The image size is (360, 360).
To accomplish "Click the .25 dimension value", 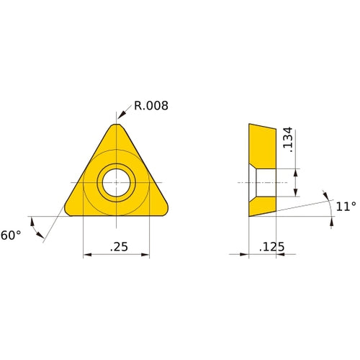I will [x=119, y=246].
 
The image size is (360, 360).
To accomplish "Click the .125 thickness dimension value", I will [x=271, y=247].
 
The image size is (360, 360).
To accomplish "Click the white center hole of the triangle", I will [x=117, y=182].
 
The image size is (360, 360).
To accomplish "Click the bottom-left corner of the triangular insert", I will [x=68, y=210].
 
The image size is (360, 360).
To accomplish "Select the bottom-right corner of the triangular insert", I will [x=166, y=210].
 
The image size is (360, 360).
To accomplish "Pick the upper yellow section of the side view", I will [x=262, y=146].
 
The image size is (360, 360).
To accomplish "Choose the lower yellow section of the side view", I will [x=262, y=206].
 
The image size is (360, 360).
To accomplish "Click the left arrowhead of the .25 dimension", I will [x=87, y=254].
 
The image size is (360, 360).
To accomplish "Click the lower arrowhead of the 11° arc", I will [x=331, y=224].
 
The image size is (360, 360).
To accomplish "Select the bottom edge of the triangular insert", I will [x=117, y=216].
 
